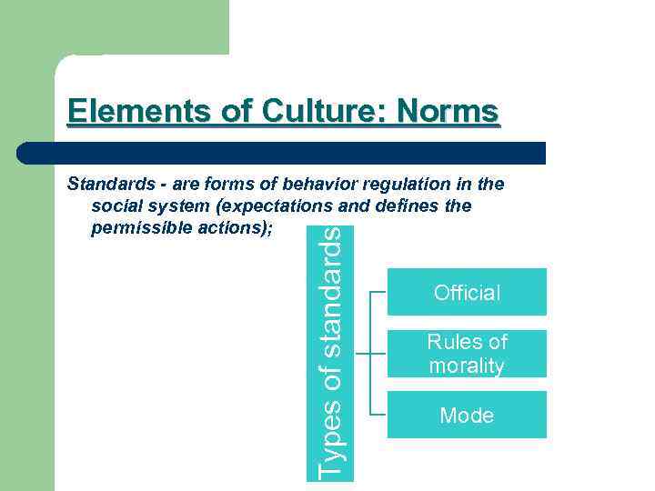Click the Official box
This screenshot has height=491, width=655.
[467, 292]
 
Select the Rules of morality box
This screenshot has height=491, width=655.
[467, 354]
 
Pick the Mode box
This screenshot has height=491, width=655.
[467, 416]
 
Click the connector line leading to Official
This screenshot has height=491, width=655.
[379, 293]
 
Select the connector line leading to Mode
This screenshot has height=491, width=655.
[379, 415]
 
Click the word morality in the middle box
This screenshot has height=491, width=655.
[467, 366]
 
